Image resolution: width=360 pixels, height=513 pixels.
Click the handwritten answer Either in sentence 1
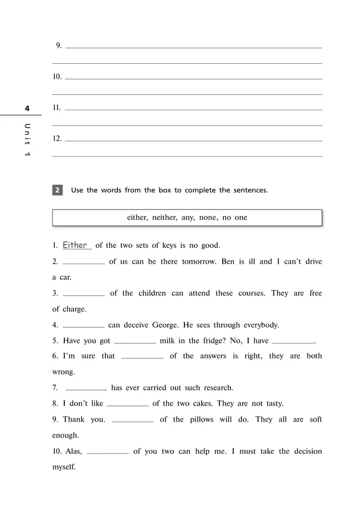(75, 245)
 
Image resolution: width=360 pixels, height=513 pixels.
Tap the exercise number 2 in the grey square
(58, 190)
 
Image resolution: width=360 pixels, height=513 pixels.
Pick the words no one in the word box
(234, 218)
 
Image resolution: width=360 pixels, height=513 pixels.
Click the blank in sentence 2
(84, 262)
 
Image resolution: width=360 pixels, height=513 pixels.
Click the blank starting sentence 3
(84, 294)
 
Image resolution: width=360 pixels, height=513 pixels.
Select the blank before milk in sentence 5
(135, 342)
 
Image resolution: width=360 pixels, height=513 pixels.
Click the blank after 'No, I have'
(294, 342)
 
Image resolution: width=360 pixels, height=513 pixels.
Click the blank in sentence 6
(142, 357)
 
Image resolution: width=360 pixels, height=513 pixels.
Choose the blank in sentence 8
(127, 404)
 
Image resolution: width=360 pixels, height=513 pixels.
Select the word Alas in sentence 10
(74, 452)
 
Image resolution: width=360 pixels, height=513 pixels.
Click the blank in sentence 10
(107, 452)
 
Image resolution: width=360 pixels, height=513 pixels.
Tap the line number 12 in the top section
(57, 138)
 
